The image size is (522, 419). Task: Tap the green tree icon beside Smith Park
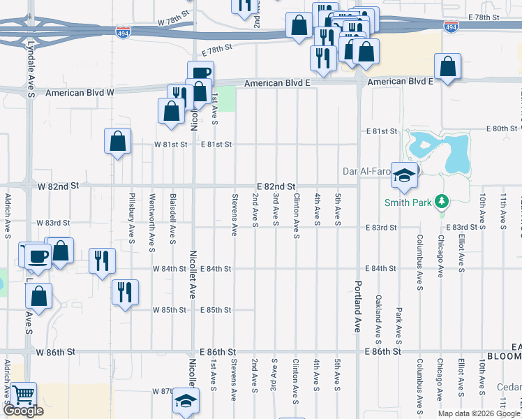point(440,203)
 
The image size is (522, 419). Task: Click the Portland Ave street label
point(357,306)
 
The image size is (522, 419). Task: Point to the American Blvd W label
point(80,92)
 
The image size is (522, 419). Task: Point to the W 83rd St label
point(54,223)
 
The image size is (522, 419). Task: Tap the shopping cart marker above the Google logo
point(24,395)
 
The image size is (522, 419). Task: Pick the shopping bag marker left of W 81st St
point(118,142)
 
